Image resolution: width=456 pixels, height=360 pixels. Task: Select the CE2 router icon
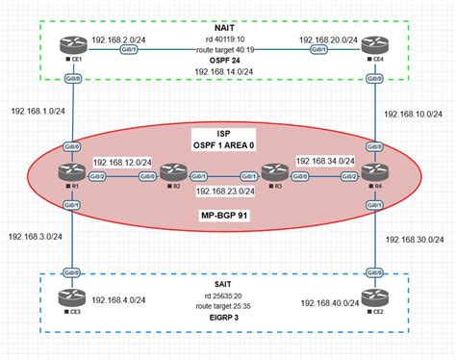371,298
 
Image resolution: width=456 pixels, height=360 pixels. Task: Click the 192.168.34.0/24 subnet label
324,162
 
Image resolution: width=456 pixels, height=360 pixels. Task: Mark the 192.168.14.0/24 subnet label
222,70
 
